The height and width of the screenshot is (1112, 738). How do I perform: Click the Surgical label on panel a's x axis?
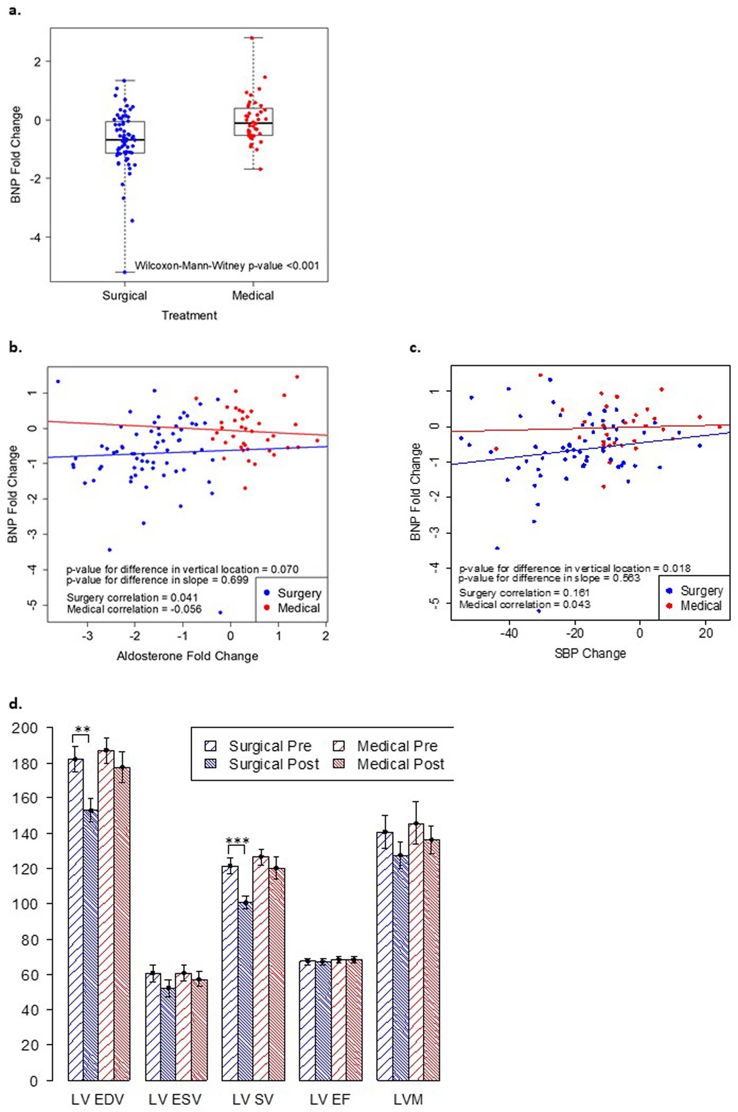(x=125, y=295)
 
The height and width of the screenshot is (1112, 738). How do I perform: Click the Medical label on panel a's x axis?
(x=253, y=295)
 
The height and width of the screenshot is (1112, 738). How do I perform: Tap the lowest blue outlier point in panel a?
(x=125, y=272)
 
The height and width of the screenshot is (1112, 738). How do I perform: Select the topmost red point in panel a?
(x=252, y=38)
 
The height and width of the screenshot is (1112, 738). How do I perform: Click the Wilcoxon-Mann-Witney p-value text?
(x=227, y=266)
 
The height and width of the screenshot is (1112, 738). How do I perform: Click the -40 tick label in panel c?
(x=509, y=633)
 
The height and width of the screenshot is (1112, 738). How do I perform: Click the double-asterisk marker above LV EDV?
(x=82, y=729)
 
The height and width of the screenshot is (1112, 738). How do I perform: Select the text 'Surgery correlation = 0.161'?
(x=524, y=593)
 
